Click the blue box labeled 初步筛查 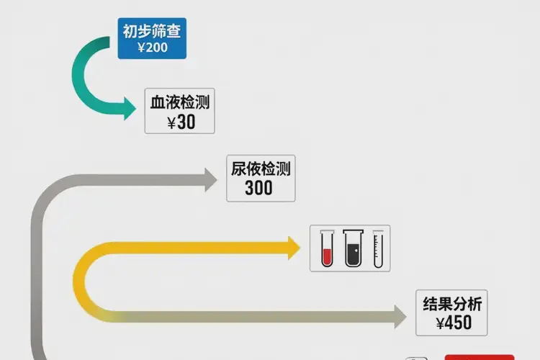pyautogui.click(x=153, y=38)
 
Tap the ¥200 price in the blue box pyautogui.click(x=153, y=48)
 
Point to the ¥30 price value pyautogui.click(x=181, y=122)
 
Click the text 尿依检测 pyautogui.click(x=260, y=169)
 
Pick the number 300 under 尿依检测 pyautogui.click(x=258, y=188)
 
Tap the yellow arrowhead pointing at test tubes pyautogui.click(x=294, y=248)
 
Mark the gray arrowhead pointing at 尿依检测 pyautogui.click(x=210, y=179)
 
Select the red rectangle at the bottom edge pyautogui.click(x=480, y=356)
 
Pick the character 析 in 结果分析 pyautogui.click(x=474, y=303)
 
